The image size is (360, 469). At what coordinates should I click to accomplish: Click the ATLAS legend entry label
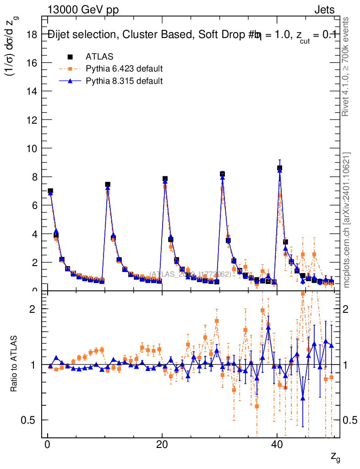(x=99, y=57)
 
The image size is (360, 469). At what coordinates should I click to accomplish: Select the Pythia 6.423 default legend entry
(x=124, y=69)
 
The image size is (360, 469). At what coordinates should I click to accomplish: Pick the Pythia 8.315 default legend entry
(x=124, y=82)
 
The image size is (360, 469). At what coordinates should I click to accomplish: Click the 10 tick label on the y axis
(x=32, y=148)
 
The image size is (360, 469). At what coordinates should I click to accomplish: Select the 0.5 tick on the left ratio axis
(x=29, y=420)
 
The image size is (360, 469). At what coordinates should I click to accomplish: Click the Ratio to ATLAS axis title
(x=14, y=364)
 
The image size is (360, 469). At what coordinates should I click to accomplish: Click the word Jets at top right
(x=324, y=10)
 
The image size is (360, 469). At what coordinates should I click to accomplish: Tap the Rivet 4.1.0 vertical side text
(x=346, y=66)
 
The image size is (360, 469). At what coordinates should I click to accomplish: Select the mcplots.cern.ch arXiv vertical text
(x=346, y=220)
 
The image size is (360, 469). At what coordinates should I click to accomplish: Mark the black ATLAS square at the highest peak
(x=279, y=168)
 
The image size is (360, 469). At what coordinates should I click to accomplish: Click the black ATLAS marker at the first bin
(x=50, y=191)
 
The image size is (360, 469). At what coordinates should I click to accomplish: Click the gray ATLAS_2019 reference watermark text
(x=190, y=274)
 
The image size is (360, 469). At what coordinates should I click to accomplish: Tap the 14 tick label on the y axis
(x=32, y=91)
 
